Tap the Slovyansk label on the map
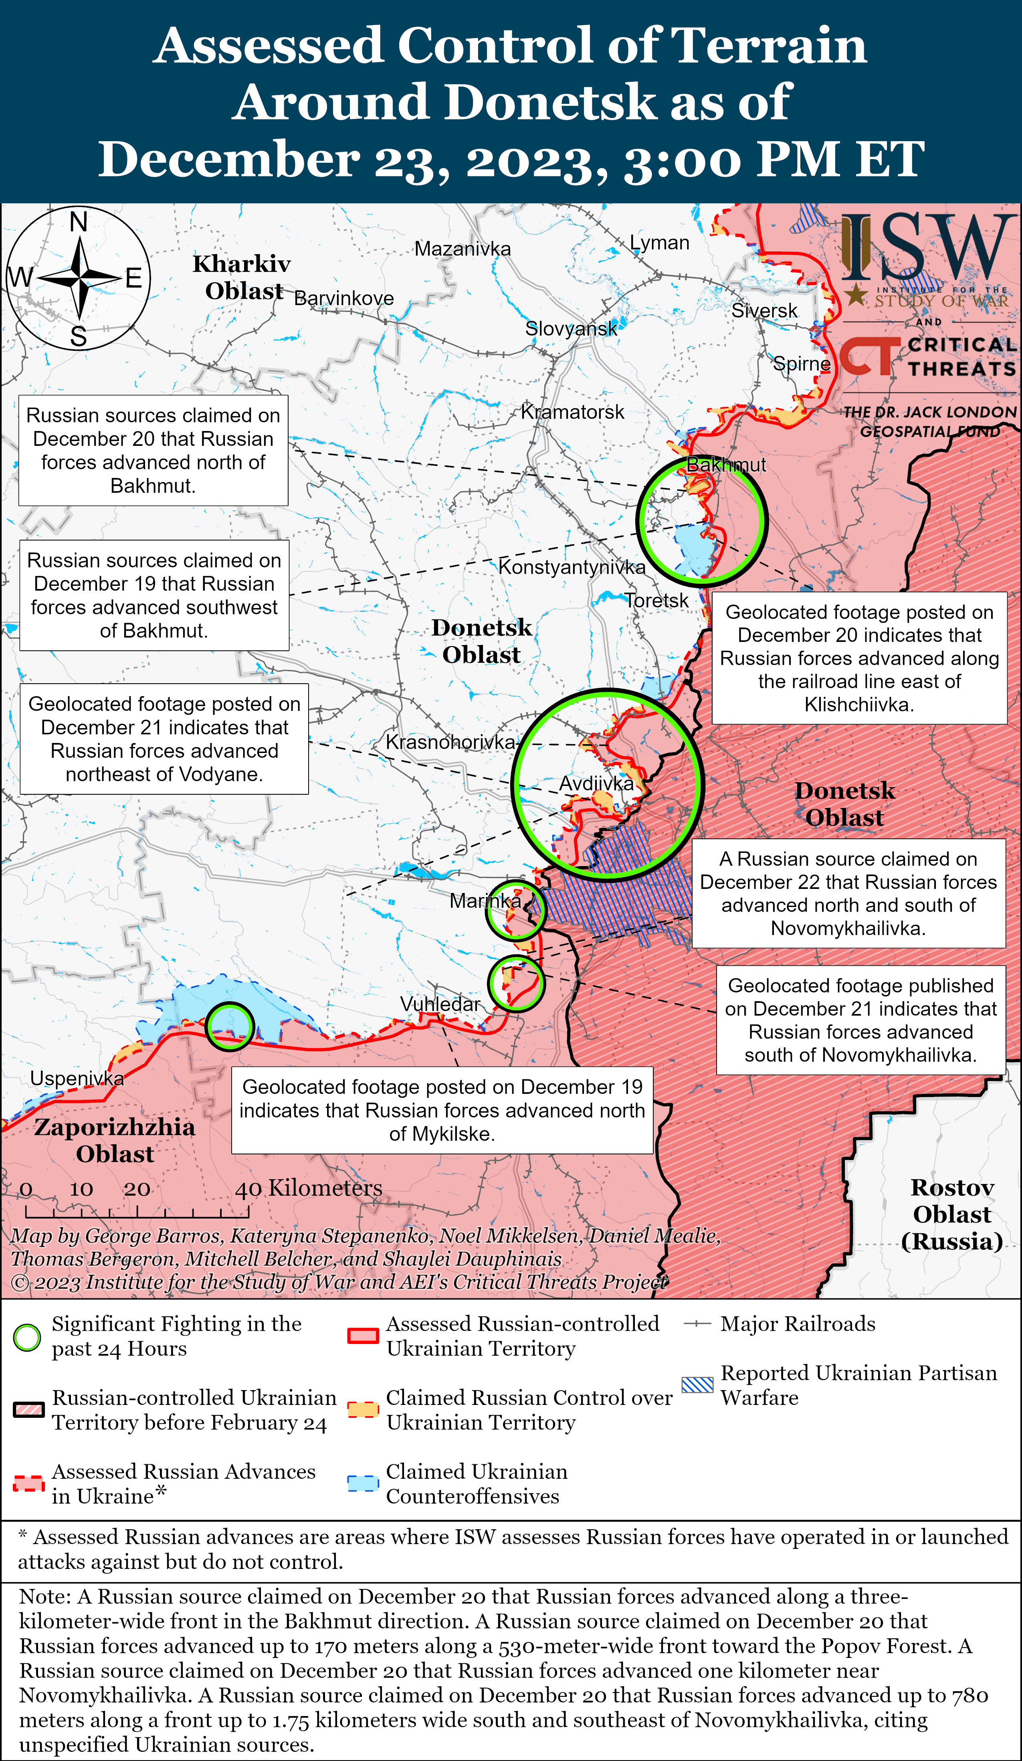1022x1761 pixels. (x=571, y=328)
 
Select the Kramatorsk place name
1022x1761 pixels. (x=572, y=412)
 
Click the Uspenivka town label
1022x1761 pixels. (x=77, y=1078)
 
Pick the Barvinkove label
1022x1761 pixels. (x=344, y=298)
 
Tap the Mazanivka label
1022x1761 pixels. (x=463, y=249)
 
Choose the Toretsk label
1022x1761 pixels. (x=656, y=600)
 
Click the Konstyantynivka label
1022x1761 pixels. (x=572, y=567)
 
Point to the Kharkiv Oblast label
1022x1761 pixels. (x=242, y=277)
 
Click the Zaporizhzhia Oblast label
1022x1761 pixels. (x=115, y=1140)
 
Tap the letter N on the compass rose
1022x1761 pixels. (x=78, y=222)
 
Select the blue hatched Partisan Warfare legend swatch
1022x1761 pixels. (x=697, y=1385)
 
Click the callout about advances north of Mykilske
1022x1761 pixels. (x=442, y=1110)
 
